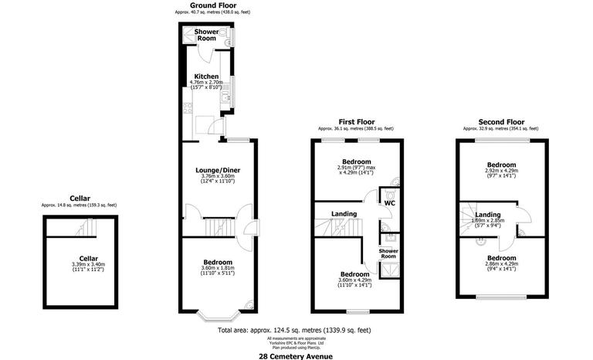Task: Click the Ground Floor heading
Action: [x=212, y=5]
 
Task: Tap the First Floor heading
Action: [x=356, y=121]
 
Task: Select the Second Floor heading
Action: [x=501, y=121]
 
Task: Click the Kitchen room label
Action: [x=206, y=76]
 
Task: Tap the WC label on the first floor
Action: [x=390, y=202]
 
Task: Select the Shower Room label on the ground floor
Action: [x=207, y=35]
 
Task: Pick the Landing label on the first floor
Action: [x=344, y=214]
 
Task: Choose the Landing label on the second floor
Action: [x=488, y=214]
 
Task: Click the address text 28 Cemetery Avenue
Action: [x=296, y=355]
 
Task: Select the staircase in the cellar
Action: [x=86, y=228]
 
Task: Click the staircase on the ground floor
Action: [x=218, y=226]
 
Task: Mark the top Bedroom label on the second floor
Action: [x=501, y=165]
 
